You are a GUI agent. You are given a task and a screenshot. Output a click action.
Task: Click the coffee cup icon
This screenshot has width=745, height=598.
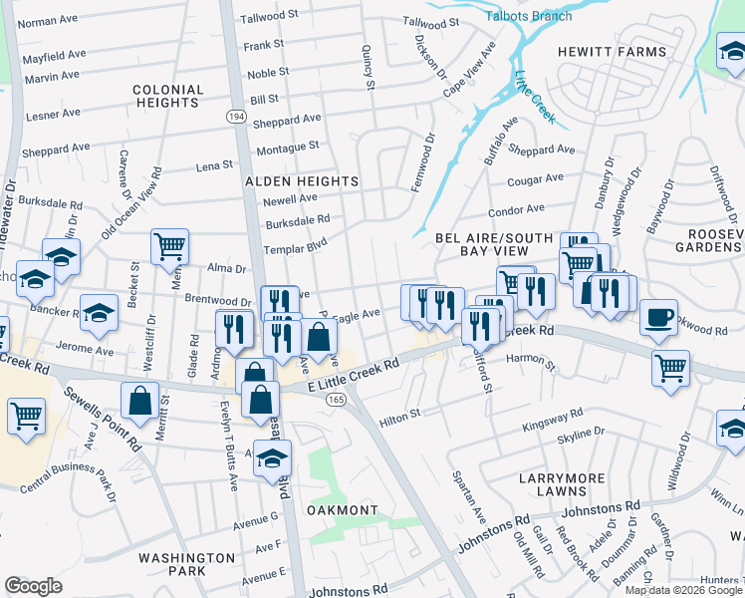tap(658, 317)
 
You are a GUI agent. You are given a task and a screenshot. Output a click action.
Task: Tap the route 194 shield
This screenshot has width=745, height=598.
tap(236, 117)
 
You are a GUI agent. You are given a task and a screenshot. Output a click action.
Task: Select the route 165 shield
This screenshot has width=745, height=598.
tap(335, 399)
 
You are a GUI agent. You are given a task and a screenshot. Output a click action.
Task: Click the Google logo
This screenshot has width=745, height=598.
tap(34, 585)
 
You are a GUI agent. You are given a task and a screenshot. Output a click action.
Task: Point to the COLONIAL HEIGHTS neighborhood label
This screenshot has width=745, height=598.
tap(167, 96)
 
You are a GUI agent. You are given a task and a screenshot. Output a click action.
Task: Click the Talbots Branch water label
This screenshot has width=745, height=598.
tap(528, 16)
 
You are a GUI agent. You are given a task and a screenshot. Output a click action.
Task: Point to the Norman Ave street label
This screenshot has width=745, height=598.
tap(48, 21)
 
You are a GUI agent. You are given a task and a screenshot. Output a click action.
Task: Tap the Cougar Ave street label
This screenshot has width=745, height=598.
tap(535, 180)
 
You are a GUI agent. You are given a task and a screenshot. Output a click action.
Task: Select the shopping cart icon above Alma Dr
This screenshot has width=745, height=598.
tap(169, 245)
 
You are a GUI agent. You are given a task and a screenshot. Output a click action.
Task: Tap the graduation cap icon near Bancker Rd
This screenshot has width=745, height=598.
tap(99, 314)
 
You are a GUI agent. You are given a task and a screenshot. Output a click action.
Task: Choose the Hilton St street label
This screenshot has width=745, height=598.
tap(399, 418)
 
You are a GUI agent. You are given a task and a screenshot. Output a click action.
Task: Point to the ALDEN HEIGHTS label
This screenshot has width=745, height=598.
tap(302, 181)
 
